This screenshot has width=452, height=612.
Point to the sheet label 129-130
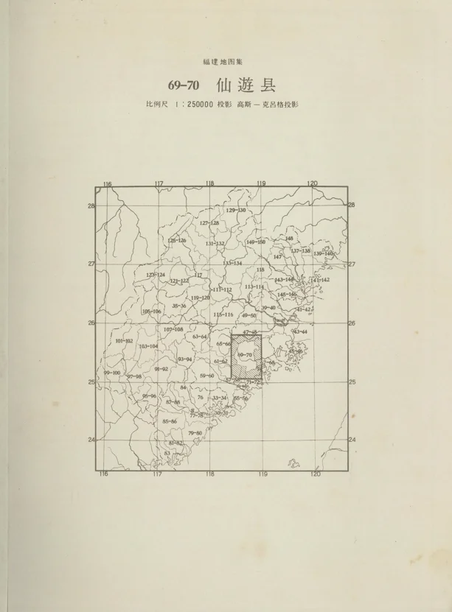pyautogui.click(x=236, y=211)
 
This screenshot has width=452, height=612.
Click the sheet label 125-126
pyautogui.click(x=177, y=240)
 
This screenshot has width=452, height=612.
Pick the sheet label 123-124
pyautogui.click(x=156, y=274)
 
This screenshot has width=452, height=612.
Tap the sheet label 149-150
pyautogui.click(x=256, y=242)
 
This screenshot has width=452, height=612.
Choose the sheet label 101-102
pyautogui.click(x=125, y=341)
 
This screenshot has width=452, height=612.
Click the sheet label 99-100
pyautogui.click(x=112, y=373)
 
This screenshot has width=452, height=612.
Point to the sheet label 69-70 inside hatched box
pyautogui.click(x=245, y=355)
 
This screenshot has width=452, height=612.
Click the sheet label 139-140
pyautogui.click(x=323, y=253)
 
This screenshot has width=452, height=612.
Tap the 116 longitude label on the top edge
pyautogui.click(x=107, y=183)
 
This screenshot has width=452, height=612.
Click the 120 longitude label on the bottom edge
pyautogui.click(x=316, y=474)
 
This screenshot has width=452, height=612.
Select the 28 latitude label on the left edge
pyautogui.click(x=91, y=205)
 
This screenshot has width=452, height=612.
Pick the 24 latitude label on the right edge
pyautogui.click(x=352, y=440)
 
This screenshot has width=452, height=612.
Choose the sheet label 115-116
pyautogui.click(x=223, y=314)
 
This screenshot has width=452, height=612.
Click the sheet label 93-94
pyautogui.click(x=185, y=359)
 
